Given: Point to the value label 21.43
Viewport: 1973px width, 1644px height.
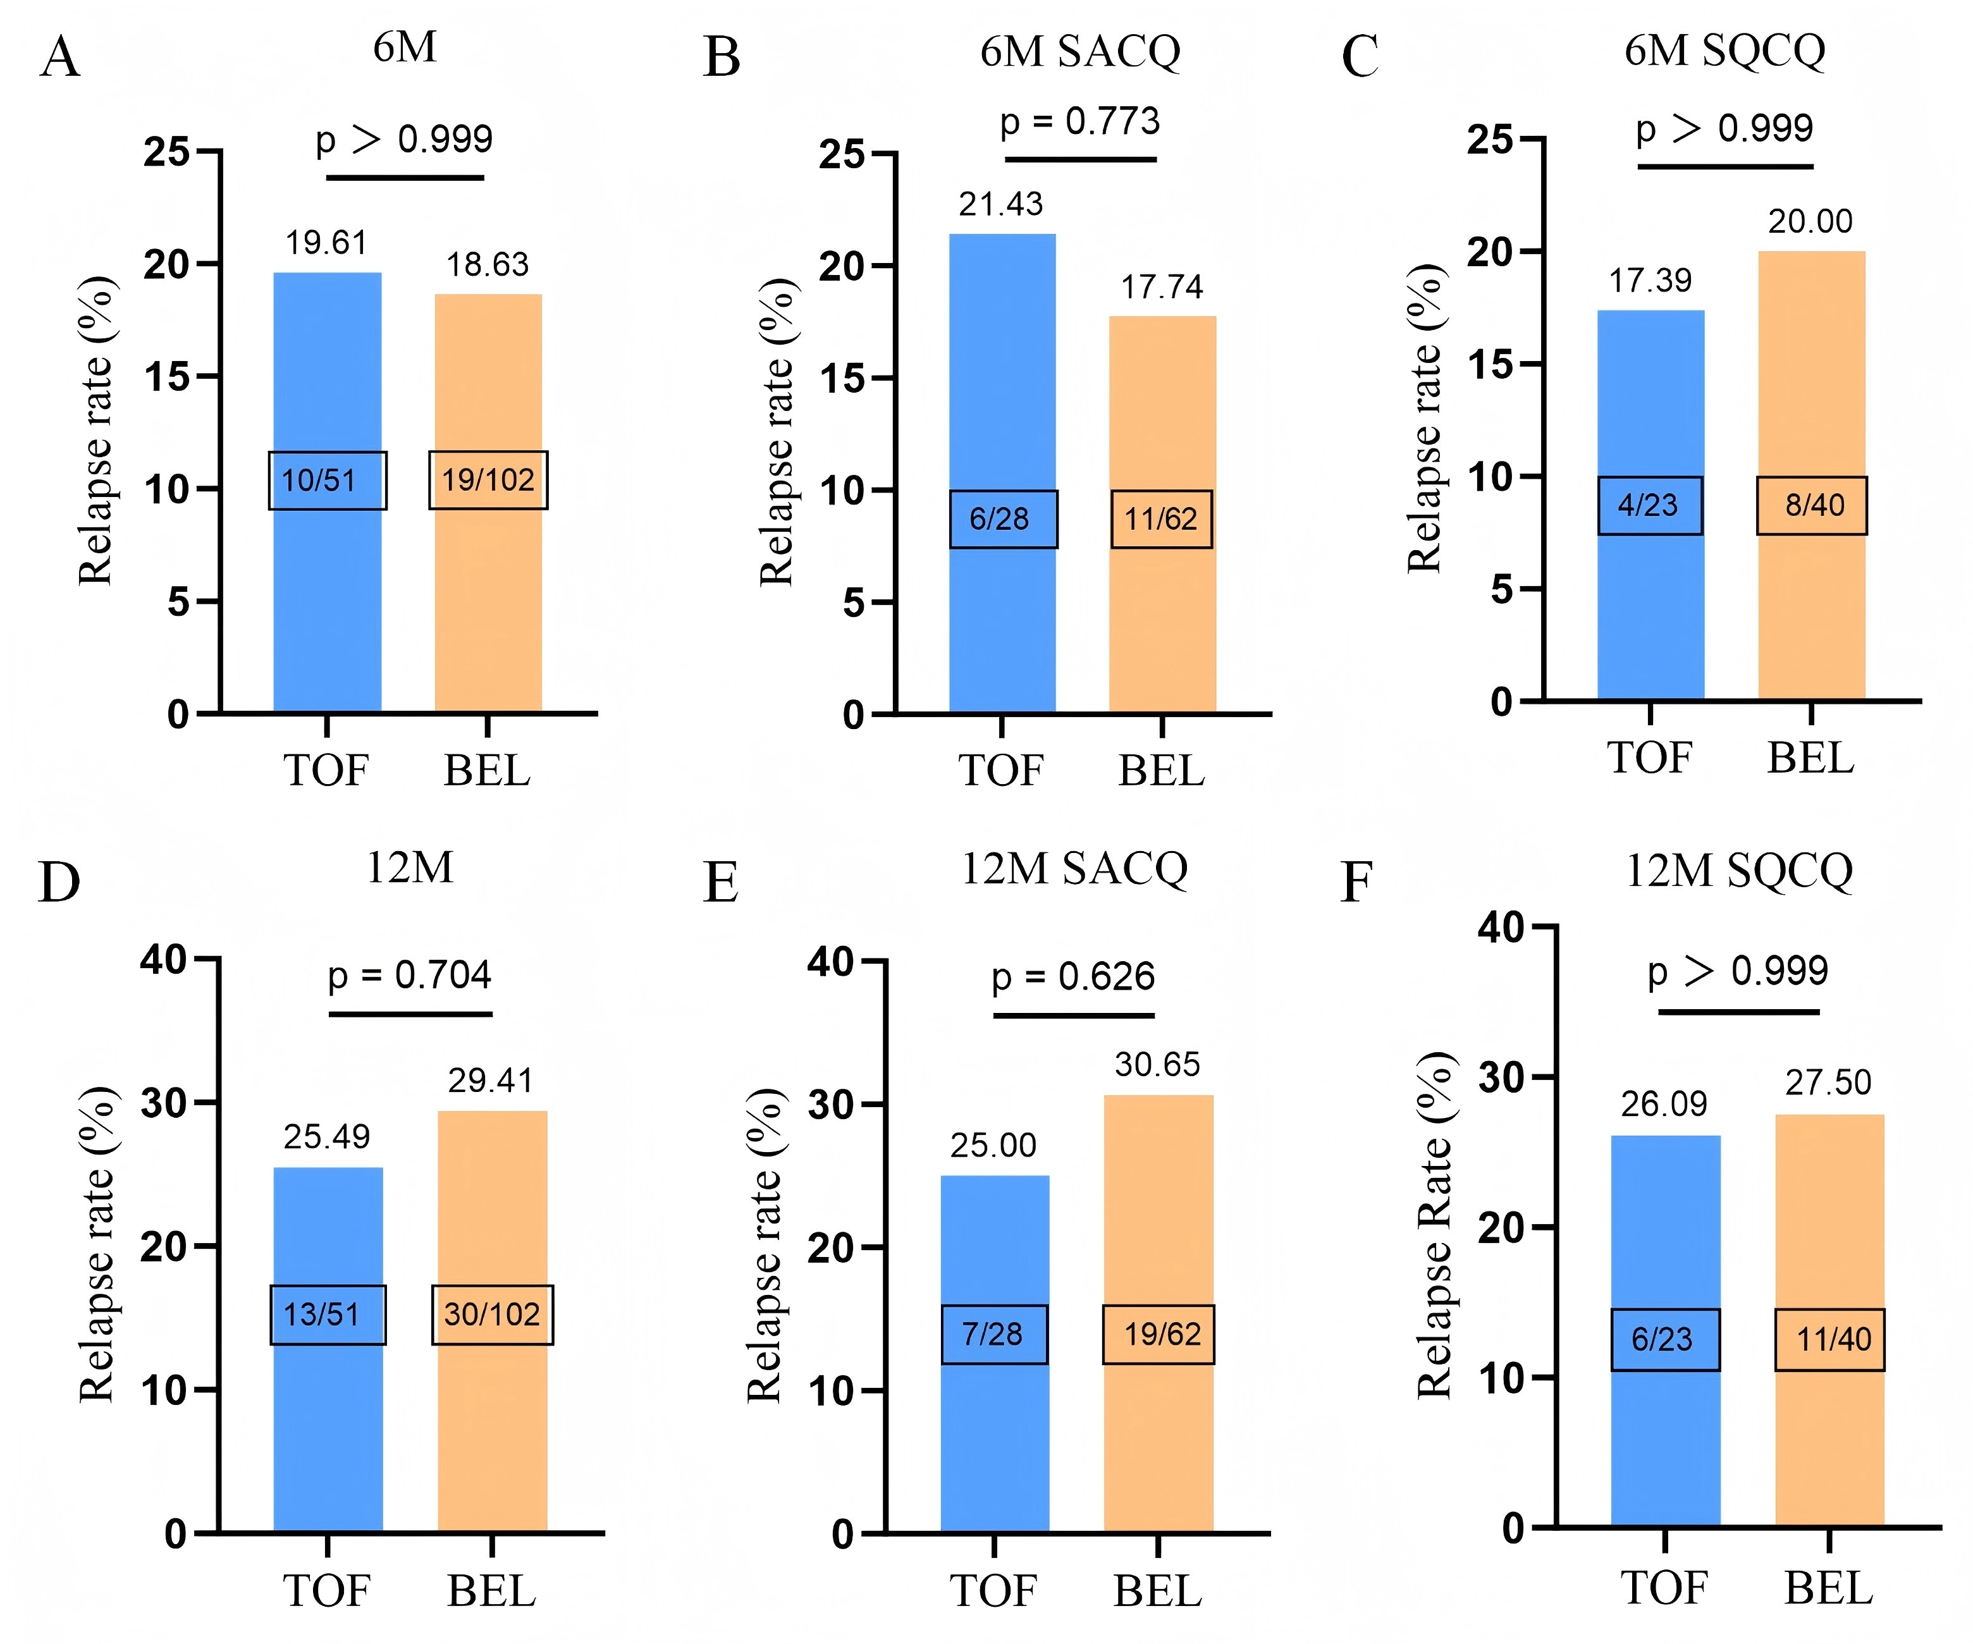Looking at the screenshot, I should tap(1000, 204).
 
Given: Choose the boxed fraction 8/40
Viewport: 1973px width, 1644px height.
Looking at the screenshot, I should tap(1812, 505).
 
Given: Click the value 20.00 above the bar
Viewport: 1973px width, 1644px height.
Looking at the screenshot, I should tap(1810, 222).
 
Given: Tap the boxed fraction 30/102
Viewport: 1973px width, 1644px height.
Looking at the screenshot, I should tap(493, 1315).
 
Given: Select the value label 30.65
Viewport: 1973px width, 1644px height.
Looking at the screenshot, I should tap(1157, 1064).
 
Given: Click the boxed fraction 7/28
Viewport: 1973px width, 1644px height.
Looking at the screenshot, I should tap(994, 1334).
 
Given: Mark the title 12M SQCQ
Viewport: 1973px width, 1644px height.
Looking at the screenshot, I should tap(1739, 871).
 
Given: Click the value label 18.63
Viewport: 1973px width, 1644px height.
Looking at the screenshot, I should tap(488, 265).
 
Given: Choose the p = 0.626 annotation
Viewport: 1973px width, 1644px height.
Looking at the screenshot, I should tap(1073, 977).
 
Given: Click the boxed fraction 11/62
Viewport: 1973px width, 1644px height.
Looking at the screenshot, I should tap(1161, 518).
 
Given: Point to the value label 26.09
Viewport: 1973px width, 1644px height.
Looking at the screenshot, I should tap(1664, 1104).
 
